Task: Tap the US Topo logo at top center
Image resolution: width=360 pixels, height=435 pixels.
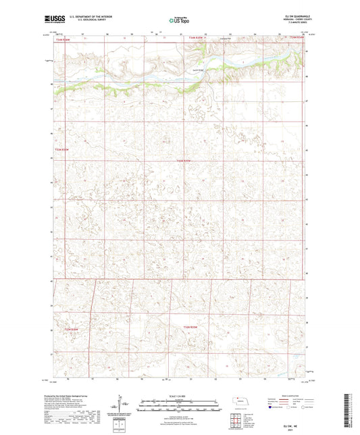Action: click(x=179, y=20)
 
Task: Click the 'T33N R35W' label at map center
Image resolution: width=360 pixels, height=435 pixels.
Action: click(x=184, y=161)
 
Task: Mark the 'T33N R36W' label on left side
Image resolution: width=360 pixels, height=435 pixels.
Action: click(x=63, y=149)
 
